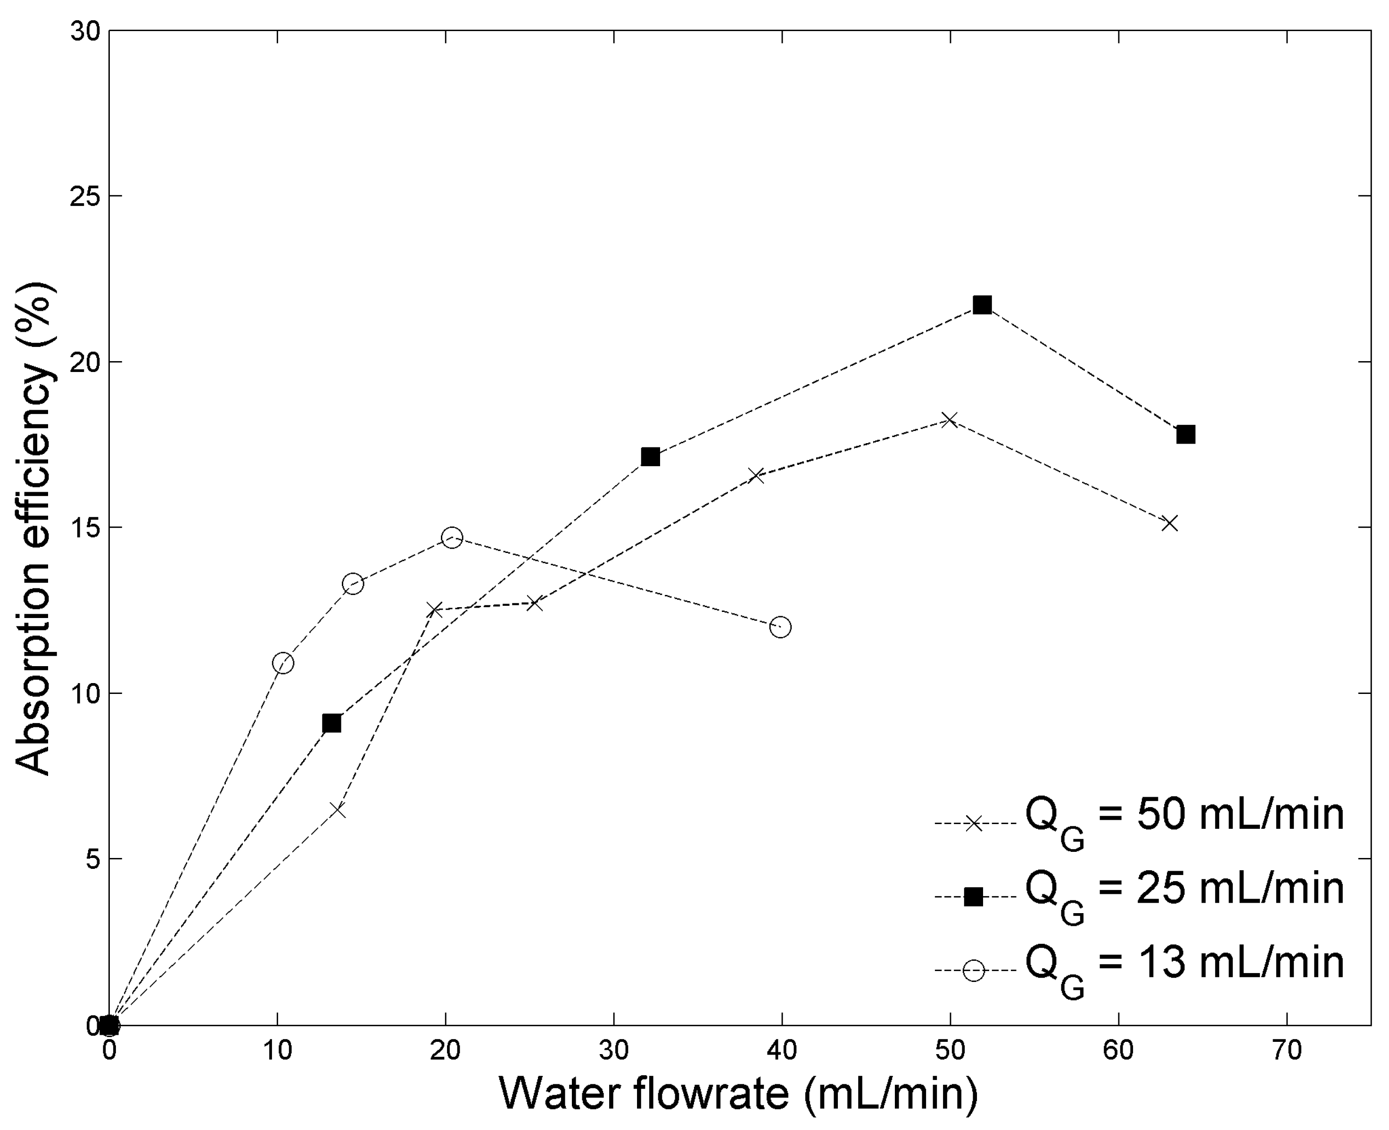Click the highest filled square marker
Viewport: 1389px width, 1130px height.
pyautogui.click(x=982, y=305)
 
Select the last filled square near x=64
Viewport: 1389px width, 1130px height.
pyautogui.click(x=1185, y=434)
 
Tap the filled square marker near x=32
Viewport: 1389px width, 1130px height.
pyautogui.click(x=650, y=457)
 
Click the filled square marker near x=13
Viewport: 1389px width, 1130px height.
pyautogui.click(x=331, y=723)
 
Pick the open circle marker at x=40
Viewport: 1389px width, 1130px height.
pyautogui.click(x=780, y=627)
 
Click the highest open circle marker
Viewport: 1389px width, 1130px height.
pyautogui.click(x=452, y=538)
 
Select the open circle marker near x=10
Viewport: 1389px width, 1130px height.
pyautogui.click(x=282, y=663)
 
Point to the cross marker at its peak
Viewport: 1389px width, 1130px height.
pyautogui.click(x=949, y=420)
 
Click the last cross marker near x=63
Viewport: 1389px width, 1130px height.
pyautogui.click(x=1169, y=523)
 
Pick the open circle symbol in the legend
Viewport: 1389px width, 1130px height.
pyautogui.click(x=973, y=971)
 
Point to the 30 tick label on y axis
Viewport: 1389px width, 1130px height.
pyautogui.click(x=84, y=31)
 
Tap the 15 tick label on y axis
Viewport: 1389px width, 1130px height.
pyautogui.click(x=84, y=527)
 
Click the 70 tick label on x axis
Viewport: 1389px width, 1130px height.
pyautogui.click(x=1286, y=1050)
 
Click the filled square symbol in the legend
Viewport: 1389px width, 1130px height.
pyautogui.click(x=973, y=897)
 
